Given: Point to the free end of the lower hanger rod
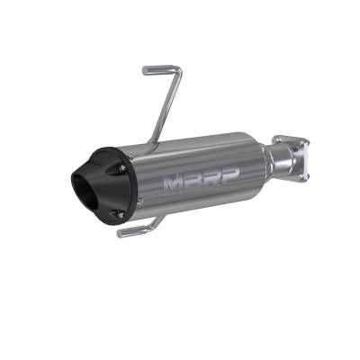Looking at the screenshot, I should [x=121, y=235].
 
